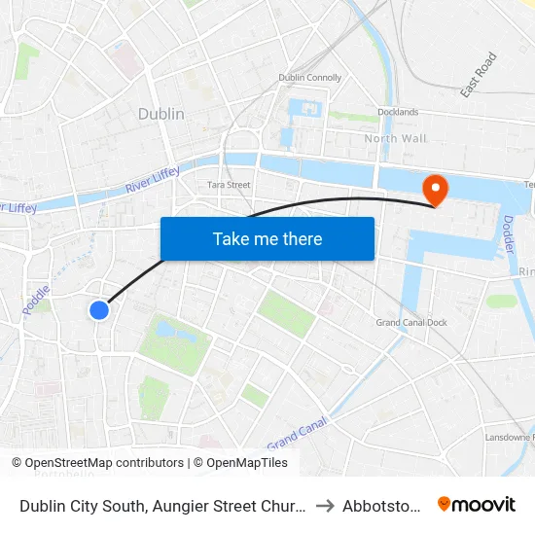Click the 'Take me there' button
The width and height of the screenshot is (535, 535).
[x=267, y=238]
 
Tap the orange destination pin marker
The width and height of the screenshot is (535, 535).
[x=434, y=189]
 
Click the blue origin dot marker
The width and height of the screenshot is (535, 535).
[x=99, y=310]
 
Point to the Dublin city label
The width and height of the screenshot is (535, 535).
[x=160, y=114]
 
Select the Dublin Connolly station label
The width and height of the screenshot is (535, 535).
[x=310, y=78]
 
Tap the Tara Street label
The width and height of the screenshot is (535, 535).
[x=230, y=185]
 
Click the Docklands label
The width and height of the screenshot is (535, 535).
[x=397, y=112]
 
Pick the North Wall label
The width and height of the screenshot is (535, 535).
[x=395, y=138]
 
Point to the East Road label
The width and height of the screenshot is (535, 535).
[x=479, y=75]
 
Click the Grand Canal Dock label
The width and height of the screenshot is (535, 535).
[x=411, y=323]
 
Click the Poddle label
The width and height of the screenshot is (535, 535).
[x=35, y=300]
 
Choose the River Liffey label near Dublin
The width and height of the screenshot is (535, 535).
[x=153, y=178]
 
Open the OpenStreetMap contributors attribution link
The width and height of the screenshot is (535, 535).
[x=104, y=463]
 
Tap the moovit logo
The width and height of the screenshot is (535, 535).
[x=477, y=504]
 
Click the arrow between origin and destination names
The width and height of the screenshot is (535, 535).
[x=325, y=505]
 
